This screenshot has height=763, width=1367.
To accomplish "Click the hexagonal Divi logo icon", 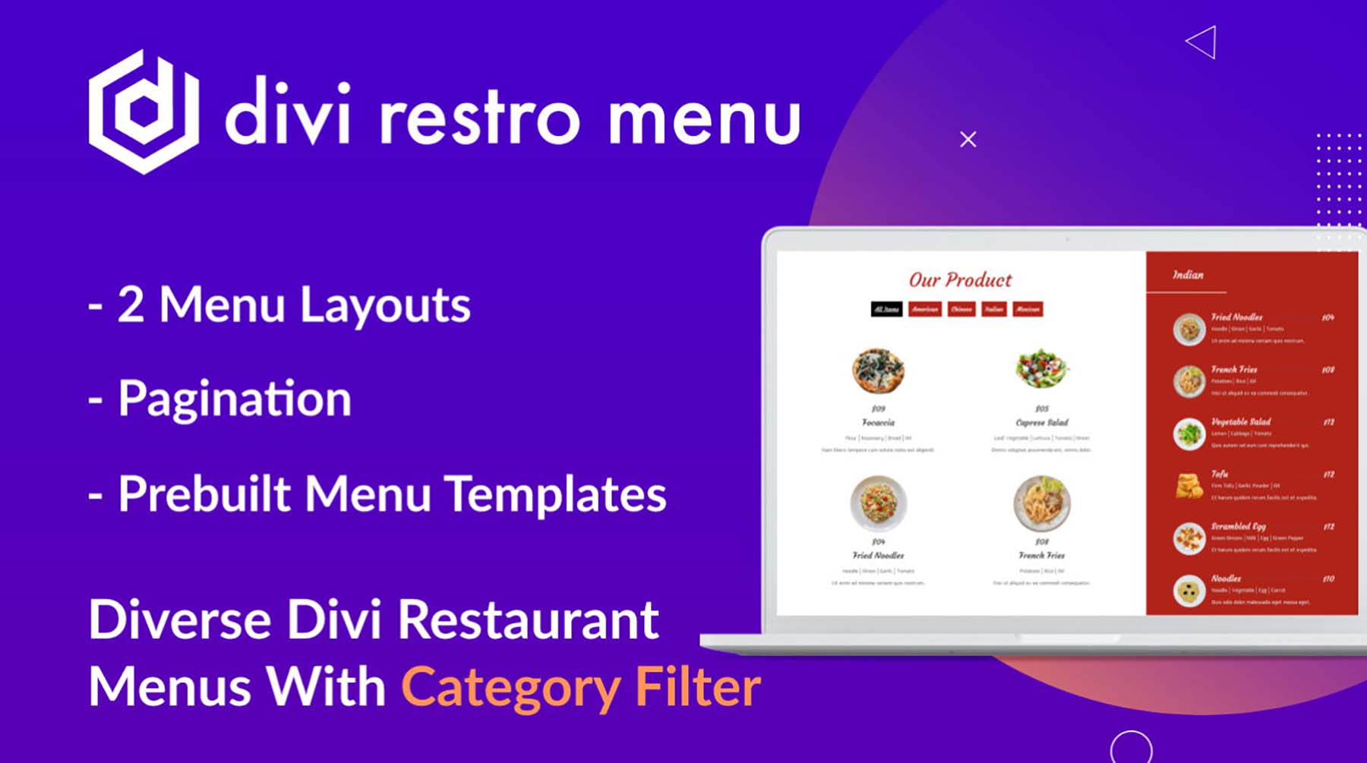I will [x=144, y=112].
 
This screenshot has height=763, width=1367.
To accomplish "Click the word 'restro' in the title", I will [x=479, y=118].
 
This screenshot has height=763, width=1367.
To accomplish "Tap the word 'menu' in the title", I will [x=703, y=118].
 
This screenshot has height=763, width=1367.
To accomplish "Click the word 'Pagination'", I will [x=234, y=399].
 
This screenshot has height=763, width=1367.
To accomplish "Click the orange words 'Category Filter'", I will [x=580, y=687].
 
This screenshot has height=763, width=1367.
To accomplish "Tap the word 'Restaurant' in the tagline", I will [x=528, y=620].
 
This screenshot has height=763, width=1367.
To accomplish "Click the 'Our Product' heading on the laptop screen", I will [x=960, y=279].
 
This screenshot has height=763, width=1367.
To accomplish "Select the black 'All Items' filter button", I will [x=886, y=309].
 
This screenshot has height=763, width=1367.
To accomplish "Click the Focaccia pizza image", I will [x=878, y=370].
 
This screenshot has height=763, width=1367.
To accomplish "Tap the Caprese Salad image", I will [x=1041, y=369].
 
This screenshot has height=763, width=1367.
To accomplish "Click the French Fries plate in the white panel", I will [x=1041, y=503].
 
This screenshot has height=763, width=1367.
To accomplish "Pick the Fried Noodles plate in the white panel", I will [x=878, y=503].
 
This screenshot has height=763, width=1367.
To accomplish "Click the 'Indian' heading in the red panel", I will [x=1188, y=275].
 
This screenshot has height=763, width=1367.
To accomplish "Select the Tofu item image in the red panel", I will [x=1189, y=486].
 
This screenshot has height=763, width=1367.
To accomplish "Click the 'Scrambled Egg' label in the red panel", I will [x=1238, y=525].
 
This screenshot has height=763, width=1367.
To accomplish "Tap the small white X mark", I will [x=968, y=140].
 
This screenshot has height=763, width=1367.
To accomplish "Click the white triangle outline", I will [x=1204, y=43].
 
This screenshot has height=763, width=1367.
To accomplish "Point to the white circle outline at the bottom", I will [x=1131, y=747].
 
